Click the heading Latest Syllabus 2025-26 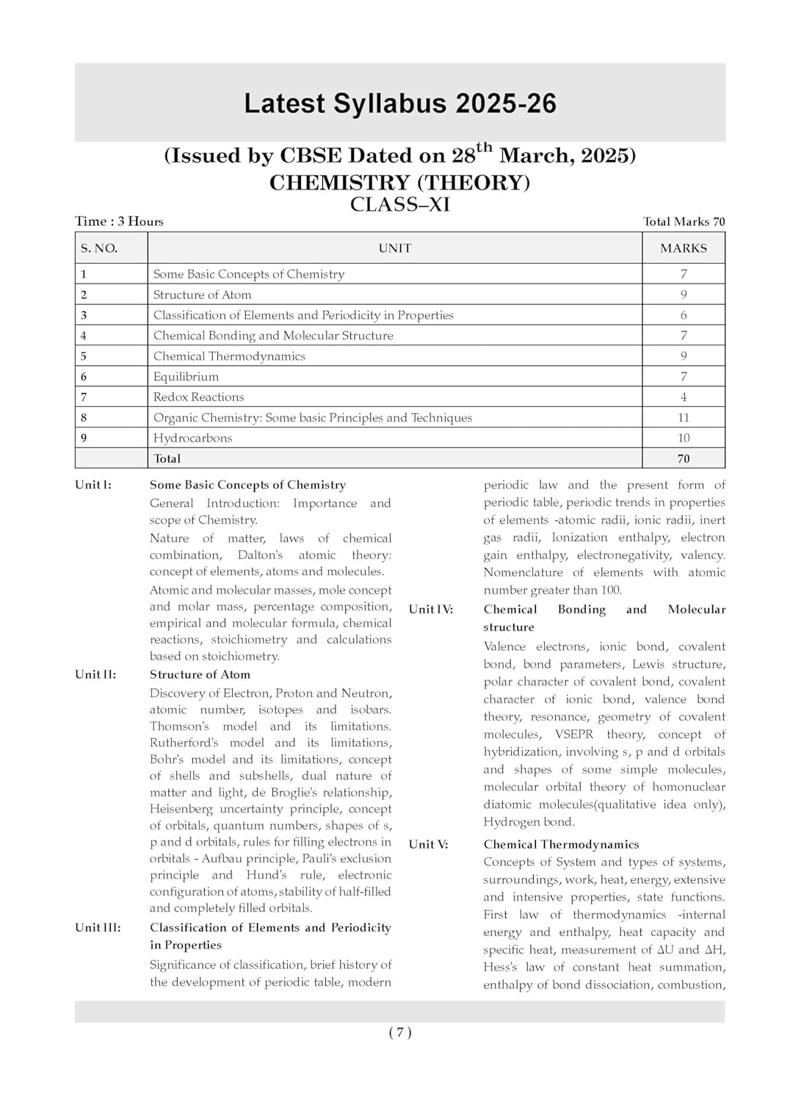400,104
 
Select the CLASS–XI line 400,204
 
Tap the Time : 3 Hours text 119,221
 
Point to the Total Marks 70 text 684,221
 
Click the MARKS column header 684,248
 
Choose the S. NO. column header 99,248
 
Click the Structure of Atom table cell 202,295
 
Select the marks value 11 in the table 684,417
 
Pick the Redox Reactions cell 198,397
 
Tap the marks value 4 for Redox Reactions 684,397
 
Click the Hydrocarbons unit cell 192,438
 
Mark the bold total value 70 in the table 684,458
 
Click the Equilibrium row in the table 186,376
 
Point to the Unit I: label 93,485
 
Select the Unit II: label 95,674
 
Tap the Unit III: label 98,927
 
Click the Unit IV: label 430,609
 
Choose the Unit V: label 428,844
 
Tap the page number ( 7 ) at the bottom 400,1032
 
